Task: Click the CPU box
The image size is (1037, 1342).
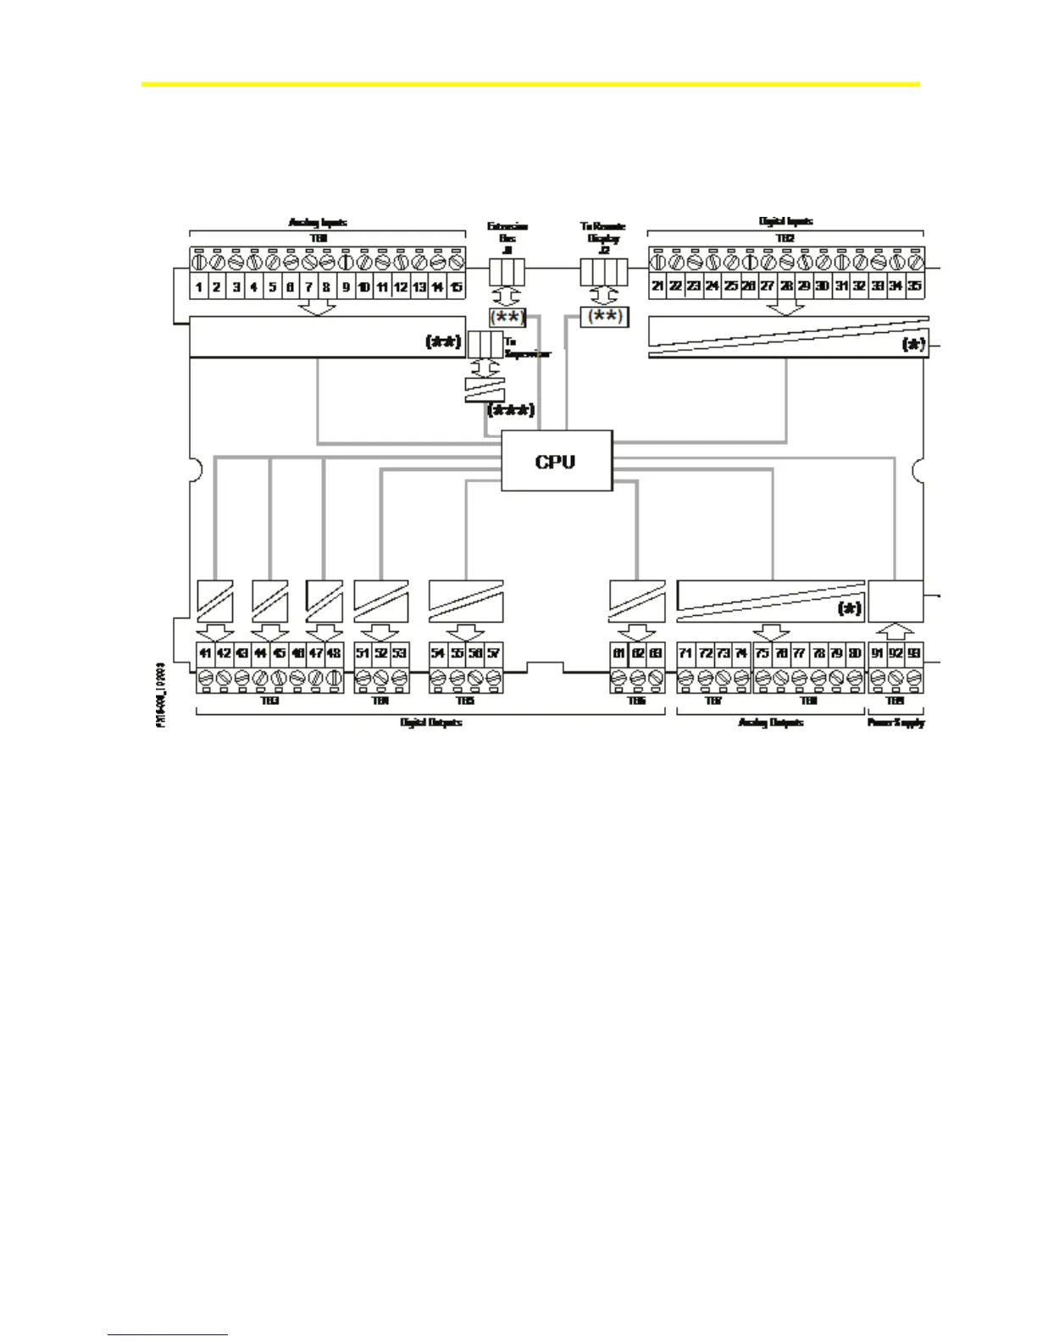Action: click(556, 461)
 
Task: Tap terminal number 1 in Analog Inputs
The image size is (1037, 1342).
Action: click(198, 287)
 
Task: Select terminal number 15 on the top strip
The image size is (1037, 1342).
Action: click(456, 287)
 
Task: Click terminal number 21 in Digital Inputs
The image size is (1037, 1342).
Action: click(657, 286)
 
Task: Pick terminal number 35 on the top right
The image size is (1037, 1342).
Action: click(914, 286)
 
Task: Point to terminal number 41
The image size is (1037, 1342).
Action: click(205, 653)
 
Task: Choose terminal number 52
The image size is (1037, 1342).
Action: click(381, 653)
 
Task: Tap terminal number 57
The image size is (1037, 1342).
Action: click(493, 653)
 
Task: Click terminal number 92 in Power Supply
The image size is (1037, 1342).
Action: click(896, 653)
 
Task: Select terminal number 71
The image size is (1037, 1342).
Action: click(686, 653)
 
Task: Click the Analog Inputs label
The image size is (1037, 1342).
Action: click(318, 223)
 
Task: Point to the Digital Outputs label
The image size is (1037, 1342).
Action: click(430, 723)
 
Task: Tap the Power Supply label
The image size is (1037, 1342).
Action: click(896, 723)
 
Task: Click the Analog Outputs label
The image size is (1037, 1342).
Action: click(770, 723)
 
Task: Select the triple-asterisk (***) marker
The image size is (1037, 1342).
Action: click(511, 411)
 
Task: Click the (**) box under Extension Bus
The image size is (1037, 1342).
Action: click(507, 318)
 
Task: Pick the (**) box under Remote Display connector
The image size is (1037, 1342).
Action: click(604, 317)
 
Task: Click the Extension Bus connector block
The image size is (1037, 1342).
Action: click(507, 271)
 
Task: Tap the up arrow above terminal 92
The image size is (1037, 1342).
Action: click(896, 631)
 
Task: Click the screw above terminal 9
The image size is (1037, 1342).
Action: click(346, 263)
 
